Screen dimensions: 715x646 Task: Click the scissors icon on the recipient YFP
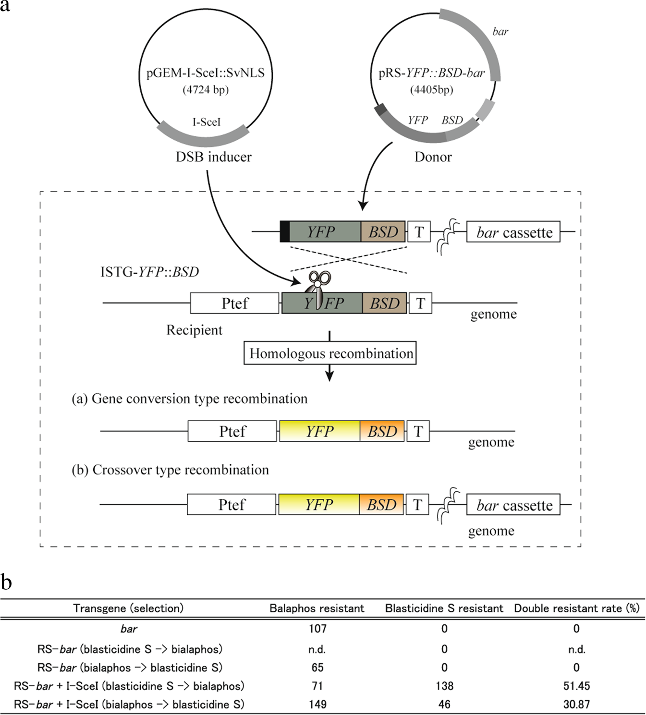tap(318, 288)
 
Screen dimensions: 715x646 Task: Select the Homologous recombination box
tap(330, 353)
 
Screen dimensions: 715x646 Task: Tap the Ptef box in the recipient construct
tap(234, 303)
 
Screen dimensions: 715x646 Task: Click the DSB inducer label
tap(213, 157)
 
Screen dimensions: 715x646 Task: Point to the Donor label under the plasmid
tap(433, 157)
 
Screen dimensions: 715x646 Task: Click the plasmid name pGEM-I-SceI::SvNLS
tap(206, 73)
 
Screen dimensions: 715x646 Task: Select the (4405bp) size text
tap(431, 90)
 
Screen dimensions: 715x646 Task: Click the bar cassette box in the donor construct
tap(513, 232)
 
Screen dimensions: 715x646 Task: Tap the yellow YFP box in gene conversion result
tap(319, 431)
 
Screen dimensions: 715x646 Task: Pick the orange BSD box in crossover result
tap(381, 505)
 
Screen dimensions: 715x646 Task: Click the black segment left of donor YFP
tap(285, 232)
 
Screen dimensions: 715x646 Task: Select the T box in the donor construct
tap(419, 232)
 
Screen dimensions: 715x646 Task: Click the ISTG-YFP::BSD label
tap(149, 272)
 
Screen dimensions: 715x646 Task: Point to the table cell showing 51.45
tap(576, 686)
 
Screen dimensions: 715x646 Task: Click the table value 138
tap(444, 686)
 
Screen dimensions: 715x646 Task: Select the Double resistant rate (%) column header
tap(576, 608)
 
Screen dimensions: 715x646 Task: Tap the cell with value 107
tap(317, 629)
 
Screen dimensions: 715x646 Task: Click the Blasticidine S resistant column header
tap(444, 608)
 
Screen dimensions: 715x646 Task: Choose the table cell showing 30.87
tap(576, 704)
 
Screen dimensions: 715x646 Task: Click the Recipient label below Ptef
tap(194, 330)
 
